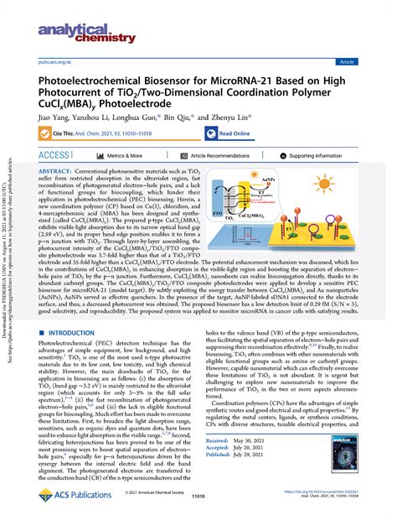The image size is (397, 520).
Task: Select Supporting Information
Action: [333, 156]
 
